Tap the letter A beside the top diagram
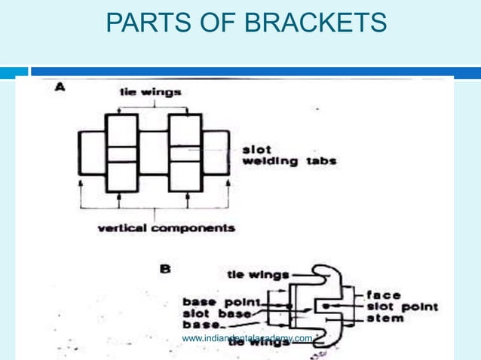coord(60,87)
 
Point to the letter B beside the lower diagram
coord(164,267)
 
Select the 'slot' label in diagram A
coord(256,148)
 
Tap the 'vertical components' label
coord(166,227)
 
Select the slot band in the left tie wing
coord(121,154)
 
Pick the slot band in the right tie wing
coord(184,154)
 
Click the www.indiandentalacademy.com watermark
coord(247,339)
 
